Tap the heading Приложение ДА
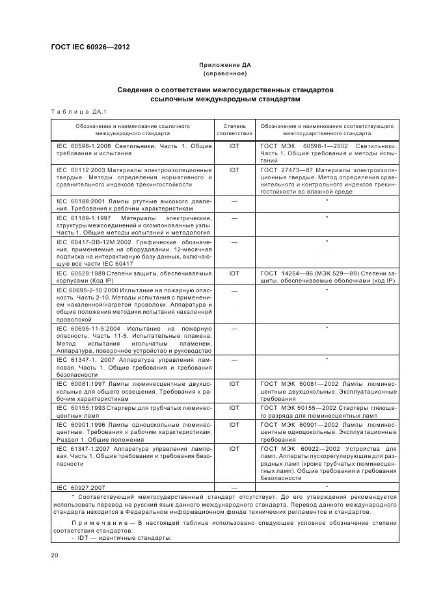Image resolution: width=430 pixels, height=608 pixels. pyautogui.click(x=224, y=65)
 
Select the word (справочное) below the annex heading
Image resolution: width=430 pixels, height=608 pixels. pyautogui.click(x=224, y=73)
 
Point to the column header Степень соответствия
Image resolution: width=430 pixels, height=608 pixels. pyautogui.click(x=234, y=128)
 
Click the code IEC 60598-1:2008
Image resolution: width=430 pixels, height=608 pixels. pyautogui.click(x=83, y=146)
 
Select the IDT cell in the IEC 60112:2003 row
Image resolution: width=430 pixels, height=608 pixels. pyautogui.click(x=234, y=169)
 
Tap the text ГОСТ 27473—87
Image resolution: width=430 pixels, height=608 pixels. pyautogui.click(x=288, y=169)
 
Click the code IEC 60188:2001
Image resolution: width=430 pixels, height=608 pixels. pyautogui.click(x=81, y=202)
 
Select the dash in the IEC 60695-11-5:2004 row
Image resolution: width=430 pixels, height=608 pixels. pyautogui.click(x=234, y=329)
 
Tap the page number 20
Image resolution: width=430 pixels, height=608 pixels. pyautogui.click(x=54, y=555)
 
